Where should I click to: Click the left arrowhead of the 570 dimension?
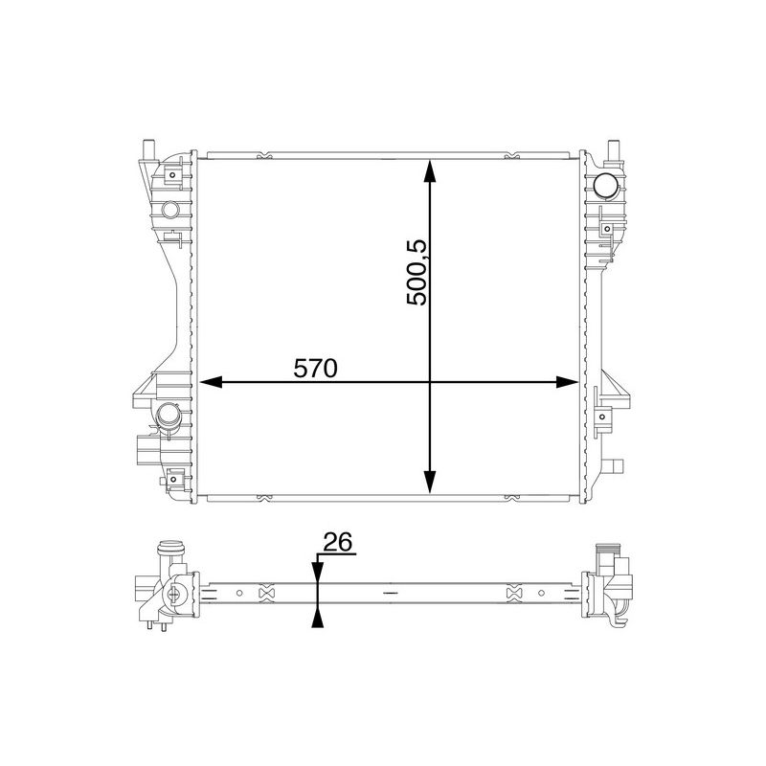(x=209, y=382)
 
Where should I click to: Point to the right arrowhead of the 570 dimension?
(x=566, y=382)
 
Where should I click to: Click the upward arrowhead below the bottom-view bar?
(x=316, y=617)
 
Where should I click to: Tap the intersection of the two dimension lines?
(x=430, y=382)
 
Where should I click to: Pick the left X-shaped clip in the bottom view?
(x=267, y=594)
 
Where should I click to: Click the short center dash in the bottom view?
(x=389, y=594)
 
